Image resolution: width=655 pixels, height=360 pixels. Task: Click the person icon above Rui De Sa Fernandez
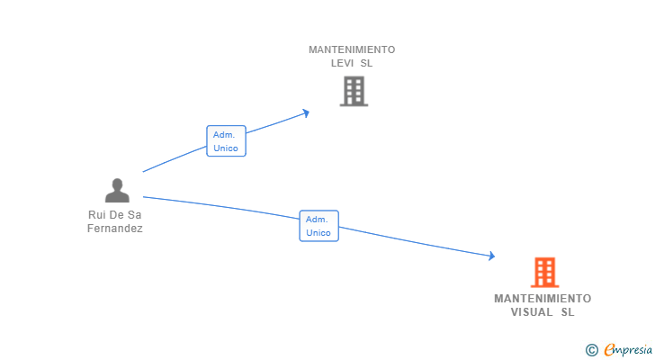coord(117,190)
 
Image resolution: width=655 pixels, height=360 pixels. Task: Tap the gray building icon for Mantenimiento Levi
coord(354,91)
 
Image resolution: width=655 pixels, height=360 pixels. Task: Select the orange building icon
coord(543,272)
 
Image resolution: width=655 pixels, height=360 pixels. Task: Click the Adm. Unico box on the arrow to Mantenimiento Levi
coord(226,141)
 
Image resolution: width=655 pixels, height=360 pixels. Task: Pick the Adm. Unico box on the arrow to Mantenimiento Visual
coord(319,226)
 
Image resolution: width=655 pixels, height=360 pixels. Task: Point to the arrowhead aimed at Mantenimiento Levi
coord(306,112)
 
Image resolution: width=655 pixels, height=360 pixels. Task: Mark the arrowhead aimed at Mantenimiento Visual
coord(491,256)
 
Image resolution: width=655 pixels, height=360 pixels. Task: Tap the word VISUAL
coord(528,312)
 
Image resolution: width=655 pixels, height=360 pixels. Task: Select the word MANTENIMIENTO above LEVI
coord(352,50)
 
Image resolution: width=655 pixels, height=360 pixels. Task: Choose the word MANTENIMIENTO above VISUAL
coord(543,298)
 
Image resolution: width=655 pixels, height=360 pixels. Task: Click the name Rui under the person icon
coord(97,215)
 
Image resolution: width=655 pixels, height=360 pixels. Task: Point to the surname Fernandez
coord(115,229)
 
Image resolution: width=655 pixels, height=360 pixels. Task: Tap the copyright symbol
coord(591,349)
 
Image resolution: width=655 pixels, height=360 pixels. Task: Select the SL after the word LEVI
coord(366,64)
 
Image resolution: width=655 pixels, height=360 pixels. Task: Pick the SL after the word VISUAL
coord(567,312)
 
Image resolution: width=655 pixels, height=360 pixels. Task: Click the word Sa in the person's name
coord(135,215)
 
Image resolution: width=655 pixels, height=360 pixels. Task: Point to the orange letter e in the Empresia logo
coord(609,349)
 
